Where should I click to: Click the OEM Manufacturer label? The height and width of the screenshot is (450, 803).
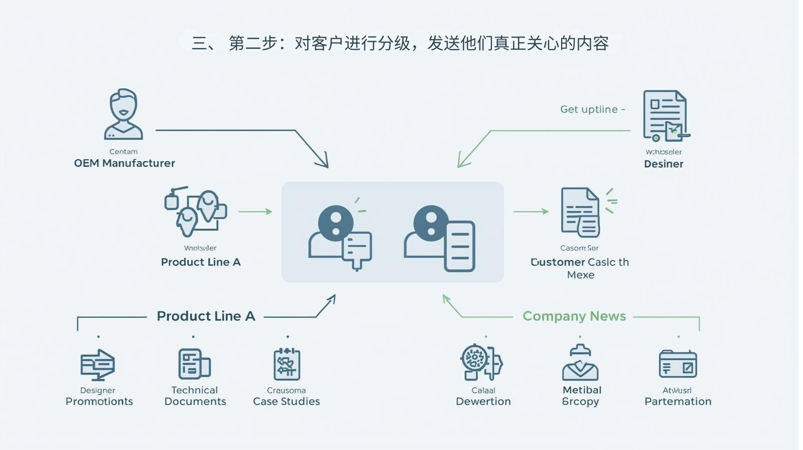coord(124,163)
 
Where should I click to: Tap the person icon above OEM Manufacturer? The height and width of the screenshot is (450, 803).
coord(123,115)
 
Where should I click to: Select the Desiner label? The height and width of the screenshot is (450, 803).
coord(663,164)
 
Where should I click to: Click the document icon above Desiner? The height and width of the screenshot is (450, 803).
coord(666,116)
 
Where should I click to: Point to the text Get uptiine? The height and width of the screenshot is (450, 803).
coord(589,109)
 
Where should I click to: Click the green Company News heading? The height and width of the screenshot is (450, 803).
coord(574,316)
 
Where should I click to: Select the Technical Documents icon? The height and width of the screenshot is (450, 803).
coord(194,364)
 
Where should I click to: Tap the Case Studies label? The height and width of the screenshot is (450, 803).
coord(286,401)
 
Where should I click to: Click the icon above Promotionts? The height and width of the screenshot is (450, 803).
coord(98,364)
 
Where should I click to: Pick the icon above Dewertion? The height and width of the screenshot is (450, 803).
coord(481,362)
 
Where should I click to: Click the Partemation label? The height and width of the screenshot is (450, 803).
coord(678,401)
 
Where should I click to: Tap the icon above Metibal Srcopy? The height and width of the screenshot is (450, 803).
coord(580,363)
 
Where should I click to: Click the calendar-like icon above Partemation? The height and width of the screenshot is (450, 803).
coord(678,364)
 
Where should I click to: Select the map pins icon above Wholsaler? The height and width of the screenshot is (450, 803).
coord(196,211)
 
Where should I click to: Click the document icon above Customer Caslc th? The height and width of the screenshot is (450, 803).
coord(581,212)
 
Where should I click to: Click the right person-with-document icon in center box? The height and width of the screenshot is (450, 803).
coord(440,238)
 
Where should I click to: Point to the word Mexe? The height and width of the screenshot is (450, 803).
coord(581,275)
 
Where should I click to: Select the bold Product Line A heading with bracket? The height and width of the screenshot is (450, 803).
coord(206,316)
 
